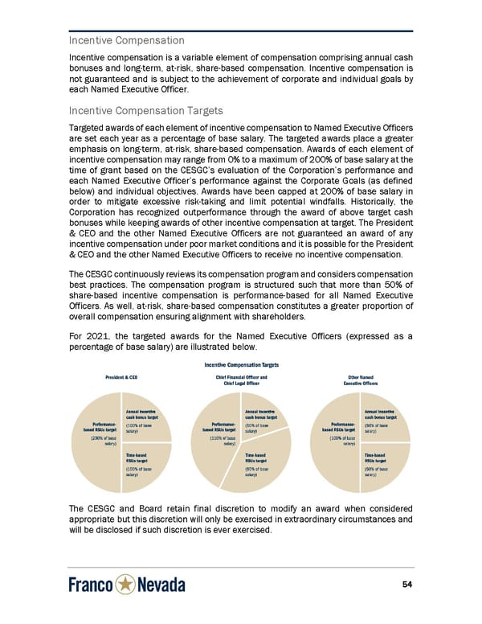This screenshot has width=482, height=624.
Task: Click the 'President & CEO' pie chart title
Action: point(121,377)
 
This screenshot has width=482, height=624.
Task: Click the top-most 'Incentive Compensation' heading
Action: point(126,40)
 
